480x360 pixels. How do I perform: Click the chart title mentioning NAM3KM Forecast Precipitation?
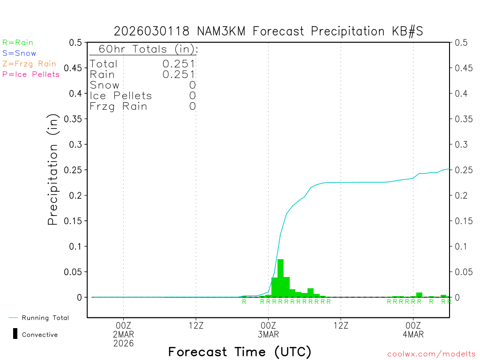(269, 31)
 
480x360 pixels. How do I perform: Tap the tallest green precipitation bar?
(280, 277)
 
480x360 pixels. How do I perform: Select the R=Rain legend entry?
(18, 43)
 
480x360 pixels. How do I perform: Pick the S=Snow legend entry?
(19, 53)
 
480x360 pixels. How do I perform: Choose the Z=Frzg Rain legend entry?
(29, 64)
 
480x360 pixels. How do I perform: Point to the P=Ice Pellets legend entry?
(31, 74)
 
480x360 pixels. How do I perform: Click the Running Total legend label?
(45, 318)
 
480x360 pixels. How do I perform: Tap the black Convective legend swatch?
(15, 334)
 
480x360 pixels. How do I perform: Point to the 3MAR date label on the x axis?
(268, 334)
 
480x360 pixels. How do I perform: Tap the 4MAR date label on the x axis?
(413, 334)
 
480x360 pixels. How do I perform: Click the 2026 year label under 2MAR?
(123, 343)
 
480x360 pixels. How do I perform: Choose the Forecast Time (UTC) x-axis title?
(240, 352)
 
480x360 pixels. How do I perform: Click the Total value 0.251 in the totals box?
(179, 64)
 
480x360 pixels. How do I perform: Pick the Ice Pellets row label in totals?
(121, 96)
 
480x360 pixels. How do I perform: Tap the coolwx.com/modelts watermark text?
(431, 354)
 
